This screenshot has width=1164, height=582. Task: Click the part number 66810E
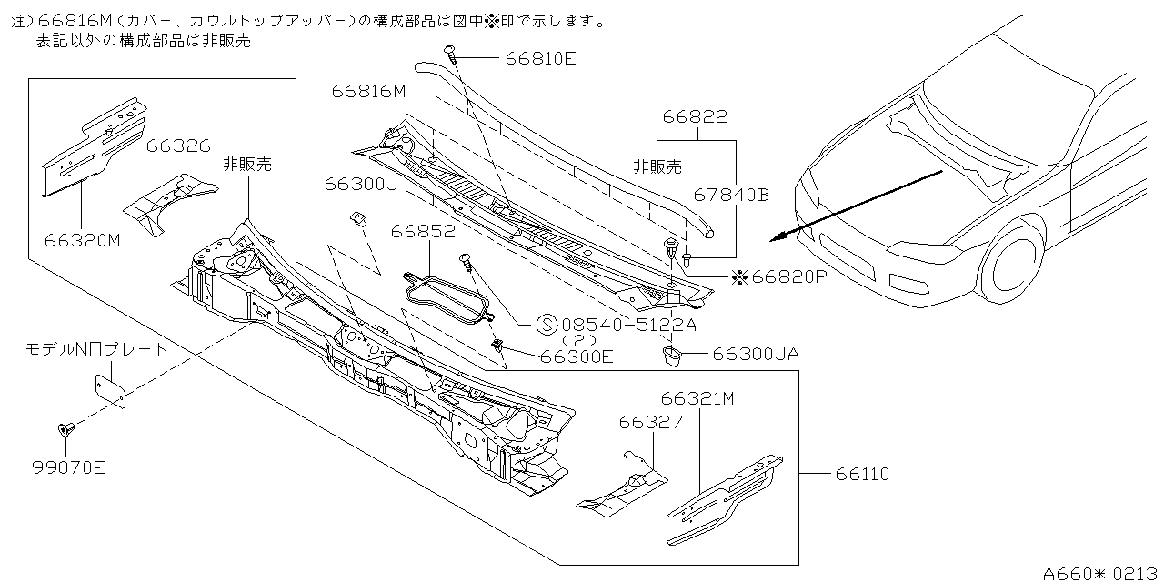pos(542,59)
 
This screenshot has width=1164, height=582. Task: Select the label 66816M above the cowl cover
pos(368,91)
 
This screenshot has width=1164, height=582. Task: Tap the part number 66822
pos(695,116)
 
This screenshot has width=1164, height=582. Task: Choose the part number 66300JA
pos(756,354)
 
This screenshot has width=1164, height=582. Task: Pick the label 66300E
pos(577,356)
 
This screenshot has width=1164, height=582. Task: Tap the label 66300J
pos(361,184)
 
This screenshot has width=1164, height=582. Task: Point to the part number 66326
pos(178,145)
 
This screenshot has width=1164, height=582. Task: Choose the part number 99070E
pos(68,468)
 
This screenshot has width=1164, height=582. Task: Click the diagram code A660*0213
pos(1101,573)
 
